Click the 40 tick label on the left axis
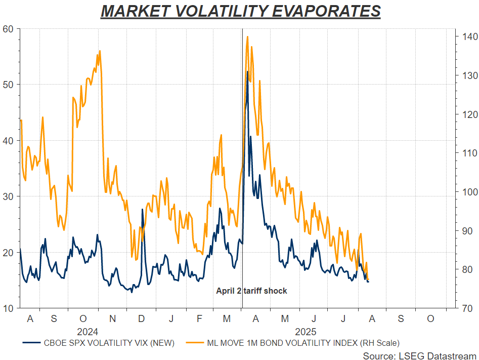point(9,140)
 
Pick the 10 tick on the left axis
point(9,308)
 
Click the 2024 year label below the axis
point(88,332)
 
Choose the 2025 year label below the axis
point(306,332)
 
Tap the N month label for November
point(113,319)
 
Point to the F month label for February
point(199,319)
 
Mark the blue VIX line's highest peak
point(247,71)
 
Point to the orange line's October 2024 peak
point(100,51)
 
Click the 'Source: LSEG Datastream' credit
point(419,355)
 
